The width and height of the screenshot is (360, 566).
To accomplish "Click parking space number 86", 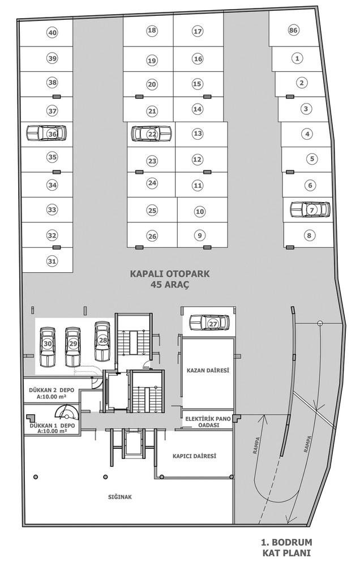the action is pyautogui.click(x=293, y=31).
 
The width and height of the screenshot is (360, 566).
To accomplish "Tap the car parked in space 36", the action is pyautogui.click(x=47, y=133).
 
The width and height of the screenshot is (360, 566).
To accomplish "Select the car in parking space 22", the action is pyautogui.click(x=151, y=134).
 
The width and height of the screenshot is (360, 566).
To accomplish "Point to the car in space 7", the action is pyautogui.click(x=311, y=209).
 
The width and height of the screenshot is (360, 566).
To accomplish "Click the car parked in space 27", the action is pyautogui.click(x=209, y=323).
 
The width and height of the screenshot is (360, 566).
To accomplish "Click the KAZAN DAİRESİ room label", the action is pyautogui.click(x=208, y=370).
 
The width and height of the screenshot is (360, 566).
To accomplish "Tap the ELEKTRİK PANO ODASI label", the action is pyautogui.click(x=208, y=422).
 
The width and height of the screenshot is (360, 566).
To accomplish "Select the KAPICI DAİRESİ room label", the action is pyautogui.click(x=194, y=456).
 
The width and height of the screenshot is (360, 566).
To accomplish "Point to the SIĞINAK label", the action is pyautogui.click(x=120, y=497).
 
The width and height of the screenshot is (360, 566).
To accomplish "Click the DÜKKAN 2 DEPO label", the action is pyautogui.click(x=49, y=390).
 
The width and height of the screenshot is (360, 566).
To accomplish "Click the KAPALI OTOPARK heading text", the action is pyautogui.click(x=170, y=273).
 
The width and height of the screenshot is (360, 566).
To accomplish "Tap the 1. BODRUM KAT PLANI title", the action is pyautogui.click(x=286, y=548).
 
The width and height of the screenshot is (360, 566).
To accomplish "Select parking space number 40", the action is pyautogui.click(x=52, y=33).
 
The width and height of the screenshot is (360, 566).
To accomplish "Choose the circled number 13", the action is pyautogui.click(x=198, y=133).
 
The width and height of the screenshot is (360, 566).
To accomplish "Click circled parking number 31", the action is pyautogui.click(x=52, y=260).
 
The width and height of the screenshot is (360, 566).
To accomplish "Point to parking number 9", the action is pyautogui.click(x=199, y=235).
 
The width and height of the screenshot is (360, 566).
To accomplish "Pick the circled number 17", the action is pyautogui.click(x=197, y=31).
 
